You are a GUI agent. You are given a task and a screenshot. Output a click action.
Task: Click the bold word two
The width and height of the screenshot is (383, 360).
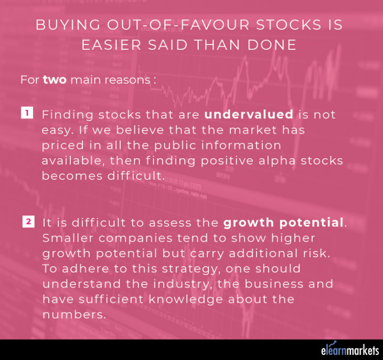tap(55, 80)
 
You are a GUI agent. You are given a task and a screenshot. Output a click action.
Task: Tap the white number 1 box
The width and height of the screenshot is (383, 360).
tap(27, 112)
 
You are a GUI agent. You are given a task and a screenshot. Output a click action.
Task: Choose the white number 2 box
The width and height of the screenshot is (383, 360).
tap(29, 222)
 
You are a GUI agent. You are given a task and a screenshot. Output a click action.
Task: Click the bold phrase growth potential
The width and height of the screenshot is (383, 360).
tap(283, 222)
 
